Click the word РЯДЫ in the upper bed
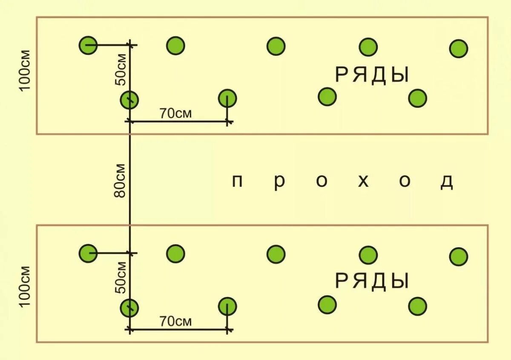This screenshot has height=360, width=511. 372,75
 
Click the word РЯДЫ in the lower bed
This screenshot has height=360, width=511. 372,281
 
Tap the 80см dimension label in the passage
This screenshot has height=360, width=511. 120,180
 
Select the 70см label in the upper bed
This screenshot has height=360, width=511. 175,114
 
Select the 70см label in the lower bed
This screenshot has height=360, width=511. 175,321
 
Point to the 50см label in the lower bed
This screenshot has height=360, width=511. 121,277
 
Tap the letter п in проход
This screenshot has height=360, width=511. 237,181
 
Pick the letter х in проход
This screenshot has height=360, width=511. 363,181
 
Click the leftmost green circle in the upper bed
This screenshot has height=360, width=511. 88,45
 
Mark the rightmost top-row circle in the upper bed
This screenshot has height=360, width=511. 459,49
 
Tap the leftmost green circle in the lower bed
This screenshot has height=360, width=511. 88,253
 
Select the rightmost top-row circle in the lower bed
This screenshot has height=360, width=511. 459,256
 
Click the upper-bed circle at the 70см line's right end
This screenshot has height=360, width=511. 228,99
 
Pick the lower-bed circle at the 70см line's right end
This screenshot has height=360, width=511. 228,306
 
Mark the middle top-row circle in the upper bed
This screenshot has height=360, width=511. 276,46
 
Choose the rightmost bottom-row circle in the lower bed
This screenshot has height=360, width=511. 418,306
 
